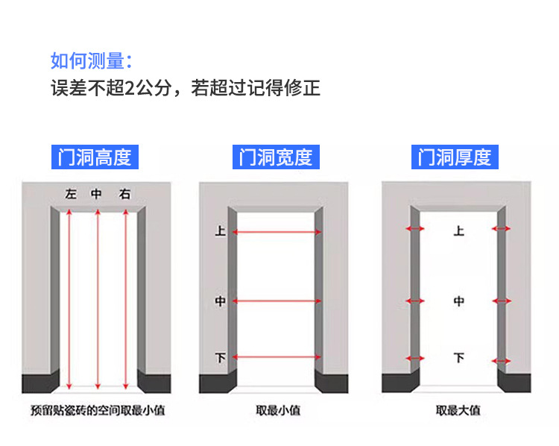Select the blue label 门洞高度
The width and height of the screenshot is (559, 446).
[95, 157]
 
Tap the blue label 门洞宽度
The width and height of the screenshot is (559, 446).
[275, 157]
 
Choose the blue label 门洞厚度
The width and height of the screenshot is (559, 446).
[455, 157]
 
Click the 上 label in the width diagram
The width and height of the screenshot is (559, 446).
[220, 232]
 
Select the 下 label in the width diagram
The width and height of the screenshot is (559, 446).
[220, 358]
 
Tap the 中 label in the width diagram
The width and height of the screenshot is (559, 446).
[220, 301]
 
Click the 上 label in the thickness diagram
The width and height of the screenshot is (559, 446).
[458, 230]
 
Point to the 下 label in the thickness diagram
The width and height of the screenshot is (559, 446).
[458, 358]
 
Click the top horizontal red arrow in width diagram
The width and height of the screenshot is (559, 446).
[277, 232]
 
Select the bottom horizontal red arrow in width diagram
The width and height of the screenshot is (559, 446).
[277, 358]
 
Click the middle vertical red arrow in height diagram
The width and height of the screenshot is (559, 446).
[97, 298]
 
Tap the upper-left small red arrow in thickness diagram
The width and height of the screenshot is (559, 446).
[414, 228]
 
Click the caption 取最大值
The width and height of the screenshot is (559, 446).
[458, 410]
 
